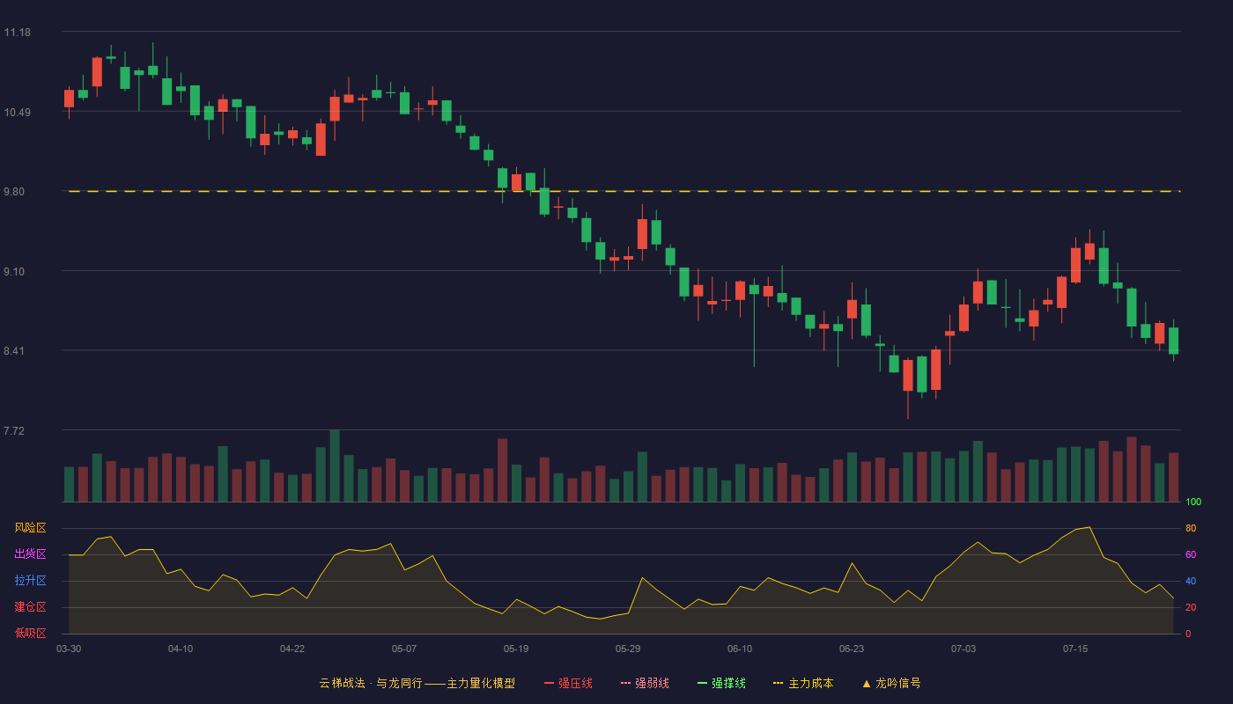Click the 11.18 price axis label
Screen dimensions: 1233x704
coord(17,33)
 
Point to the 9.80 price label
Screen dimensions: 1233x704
coord(14,192)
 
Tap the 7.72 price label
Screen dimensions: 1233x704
coord(14,430)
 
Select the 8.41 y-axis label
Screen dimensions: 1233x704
coord(14,351)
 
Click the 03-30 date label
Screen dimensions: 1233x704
coord(69,649)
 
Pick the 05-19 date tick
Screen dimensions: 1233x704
coord(516,649)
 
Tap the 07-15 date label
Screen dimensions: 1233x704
coord(1075,649)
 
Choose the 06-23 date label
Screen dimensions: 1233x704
coord(852,649)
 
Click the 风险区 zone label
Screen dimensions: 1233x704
coord(30,528)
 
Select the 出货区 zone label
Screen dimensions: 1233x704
coord(30,554)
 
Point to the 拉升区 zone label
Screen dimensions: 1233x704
coord(30,580)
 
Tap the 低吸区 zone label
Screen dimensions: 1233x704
coord(30,633)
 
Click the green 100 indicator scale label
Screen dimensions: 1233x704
coord(1193,502)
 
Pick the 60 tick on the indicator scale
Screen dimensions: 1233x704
coord(1191,554)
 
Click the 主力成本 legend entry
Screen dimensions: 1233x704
coord(803,683)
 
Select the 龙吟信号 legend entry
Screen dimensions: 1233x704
coord(891,683)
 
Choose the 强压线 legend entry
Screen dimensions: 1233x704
coord(569,683)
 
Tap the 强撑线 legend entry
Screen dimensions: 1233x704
coord(721,683)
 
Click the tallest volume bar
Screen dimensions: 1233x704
coord(335,466)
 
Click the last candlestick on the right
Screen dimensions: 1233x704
coord(1173,341)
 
